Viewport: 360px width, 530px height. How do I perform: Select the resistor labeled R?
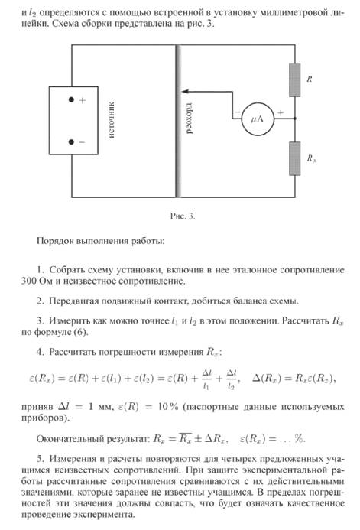point(294,80)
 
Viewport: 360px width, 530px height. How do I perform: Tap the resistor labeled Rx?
point(294,158)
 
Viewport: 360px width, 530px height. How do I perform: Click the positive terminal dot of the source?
point(71,99)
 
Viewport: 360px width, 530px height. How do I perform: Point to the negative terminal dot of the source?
point(71,142)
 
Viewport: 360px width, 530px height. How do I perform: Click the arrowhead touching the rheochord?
point(185,91)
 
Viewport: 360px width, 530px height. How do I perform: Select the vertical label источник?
point(112,119)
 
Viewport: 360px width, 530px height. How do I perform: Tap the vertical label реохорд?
point(190,119)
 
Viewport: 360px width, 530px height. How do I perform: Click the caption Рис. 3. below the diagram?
point(183,216)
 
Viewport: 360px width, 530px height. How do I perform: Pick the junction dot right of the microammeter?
point(295,119)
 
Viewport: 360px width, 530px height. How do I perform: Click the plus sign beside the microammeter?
point(281,113)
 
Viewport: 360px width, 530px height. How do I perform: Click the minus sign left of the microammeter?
point(238,112)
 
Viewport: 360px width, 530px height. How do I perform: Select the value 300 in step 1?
point(28,281)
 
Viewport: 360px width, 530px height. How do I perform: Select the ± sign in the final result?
point(198,439)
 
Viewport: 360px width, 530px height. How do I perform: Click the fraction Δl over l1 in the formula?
point(206,379)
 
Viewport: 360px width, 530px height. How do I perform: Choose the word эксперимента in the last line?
point(104,515)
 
